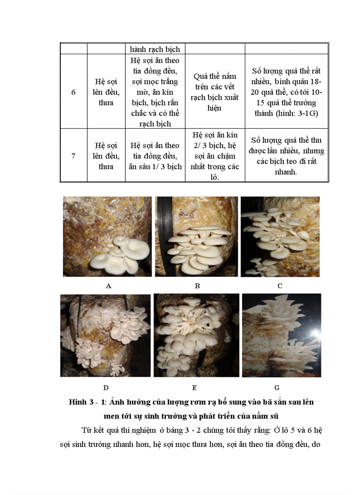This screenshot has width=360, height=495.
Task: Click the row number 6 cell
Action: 73,92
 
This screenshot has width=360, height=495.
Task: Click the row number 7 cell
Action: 73,156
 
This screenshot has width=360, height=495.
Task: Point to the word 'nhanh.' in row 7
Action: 286,172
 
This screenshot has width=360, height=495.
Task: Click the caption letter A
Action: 109,286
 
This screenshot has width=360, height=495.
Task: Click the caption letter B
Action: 197,286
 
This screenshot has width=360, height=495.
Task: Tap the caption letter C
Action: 280,286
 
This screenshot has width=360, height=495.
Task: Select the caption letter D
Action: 106,387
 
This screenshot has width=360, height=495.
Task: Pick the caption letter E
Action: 194,387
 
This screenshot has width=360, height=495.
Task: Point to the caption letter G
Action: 277,387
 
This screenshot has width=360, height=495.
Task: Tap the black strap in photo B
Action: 166,238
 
